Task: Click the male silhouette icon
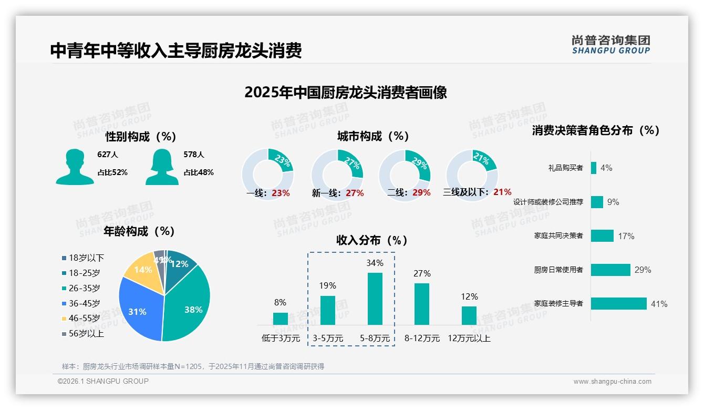[x=75, y=167]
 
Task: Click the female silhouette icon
[x=162, y=167]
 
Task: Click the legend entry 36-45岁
[x=84, y=303]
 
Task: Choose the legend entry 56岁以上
[x=86, y=333]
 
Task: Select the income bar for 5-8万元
[x=375, y=299]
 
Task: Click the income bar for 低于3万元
[x=281, y=319]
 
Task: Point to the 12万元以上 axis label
[x=469, y=339]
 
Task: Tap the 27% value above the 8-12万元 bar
[x=422, y=273]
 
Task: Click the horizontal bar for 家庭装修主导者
[x=618, y=304]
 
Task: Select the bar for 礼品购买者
[x=594, y=168]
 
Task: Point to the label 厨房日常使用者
[x=558, y=270]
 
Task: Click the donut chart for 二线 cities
[x=405, y=168]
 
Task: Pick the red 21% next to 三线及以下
[x=502, y=192]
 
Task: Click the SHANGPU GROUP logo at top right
[x=610, y=45]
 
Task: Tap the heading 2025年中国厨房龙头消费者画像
[x=346, y=93]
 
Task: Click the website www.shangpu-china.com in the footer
[x=612, y=382]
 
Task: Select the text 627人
[x=108, y=155]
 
